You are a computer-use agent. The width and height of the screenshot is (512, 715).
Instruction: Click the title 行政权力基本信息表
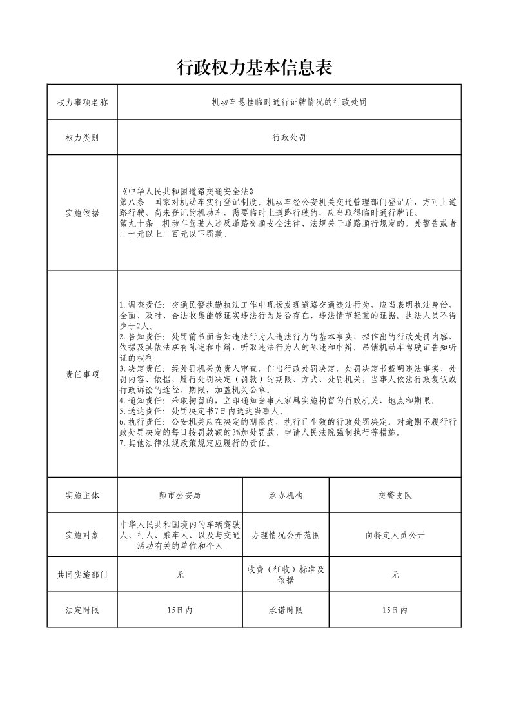[255, 67]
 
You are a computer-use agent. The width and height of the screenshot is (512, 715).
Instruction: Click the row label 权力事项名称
[82, 102]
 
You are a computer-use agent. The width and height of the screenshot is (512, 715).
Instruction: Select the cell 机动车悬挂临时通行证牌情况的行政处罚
[289, 102]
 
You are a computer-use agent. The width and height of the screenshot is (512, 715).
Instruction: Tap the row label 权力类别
[82, 137]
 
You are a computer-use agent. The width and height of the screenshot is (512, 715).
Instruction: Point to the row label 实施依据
[82, 213]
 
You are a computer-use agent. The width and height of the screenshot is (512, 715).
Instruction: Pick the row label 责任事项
[82, 374]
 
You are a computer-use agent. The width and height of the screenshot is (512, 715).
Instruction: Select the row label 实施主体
[82, 496]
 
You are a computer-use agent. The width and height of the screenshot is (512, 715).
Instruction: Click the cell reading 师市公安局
[179, 496]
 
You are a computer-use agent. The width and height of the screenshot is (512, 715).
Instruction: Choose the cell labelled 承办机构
[286, 496]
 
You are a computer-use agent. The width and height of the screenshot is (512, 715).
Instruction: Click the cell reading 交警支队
[395, 496]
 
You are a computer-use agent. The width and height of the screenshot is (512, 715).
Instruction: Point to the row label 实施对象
[82, 535]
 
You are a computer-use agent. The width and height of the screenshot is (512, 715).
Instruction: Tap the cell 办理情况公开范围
[286, 535]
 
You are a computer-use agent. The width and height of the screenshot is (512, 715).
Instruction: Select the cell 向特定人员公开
[395, 535]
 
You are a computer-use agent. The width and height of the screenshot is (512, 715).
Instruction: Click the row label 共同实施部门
[82, 574]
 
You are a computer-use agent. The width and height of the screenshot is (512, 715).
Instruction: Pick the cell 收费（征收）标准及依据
[286, 574]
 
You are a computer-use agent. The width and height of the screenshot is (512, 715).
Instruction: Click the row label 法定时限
[82, 610]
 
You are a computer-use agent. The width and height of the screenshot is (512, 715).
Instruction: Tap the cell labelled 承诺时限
[286, 610]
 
